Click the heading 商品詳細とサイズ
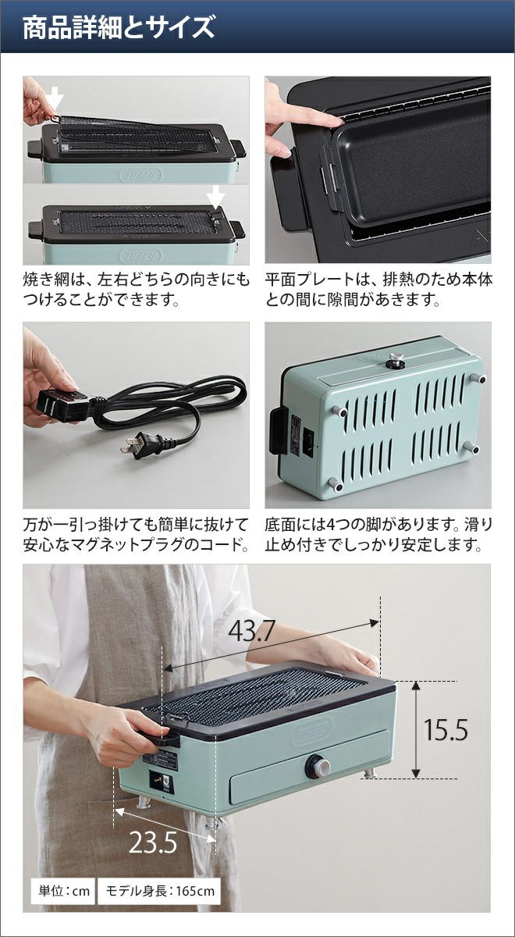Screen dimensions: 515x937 point(119,27)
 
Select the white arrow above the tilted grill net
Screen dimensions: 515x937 point(55,102)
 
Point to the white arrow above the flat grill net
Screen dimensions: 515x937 point(215,197)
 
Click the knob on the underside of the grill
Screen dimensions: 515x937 point(396,359)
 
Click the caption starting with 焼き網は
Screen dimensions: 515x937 point(136,290)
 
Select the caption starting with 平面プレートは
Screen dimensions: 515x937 point(378,290)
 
